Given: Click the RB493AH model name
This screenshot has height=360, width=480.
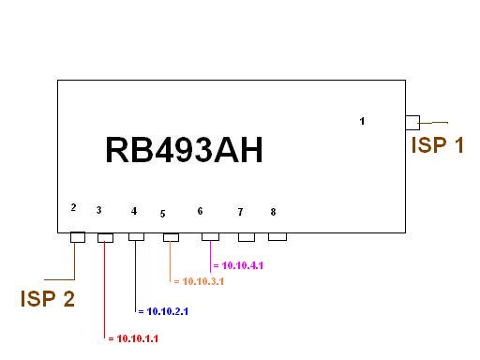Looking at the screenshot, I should click(183, 151).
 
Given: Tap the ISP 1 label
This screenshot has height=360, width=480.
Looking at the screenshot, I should click(437, 144).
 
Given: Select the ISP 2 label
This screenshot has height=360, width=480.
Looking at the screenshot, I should click(47, 299).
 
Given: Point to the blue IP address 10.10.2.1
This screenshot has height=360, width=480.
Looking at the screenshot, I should click(165, 310).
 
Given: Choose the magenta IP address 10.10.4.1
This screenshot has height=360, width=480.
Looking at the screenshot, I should click(238, 267).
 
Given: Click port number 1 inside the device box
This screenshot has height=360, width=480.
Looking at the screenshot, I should click(363, 121).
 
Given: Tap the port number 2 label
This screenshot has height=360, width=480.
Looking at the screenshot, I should click(73, 207).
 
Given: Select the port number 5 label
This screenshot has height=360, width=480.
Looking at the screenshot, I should click(162, 214).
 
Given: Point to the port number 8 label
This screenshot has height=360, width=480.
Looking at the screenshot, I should click(273, 212).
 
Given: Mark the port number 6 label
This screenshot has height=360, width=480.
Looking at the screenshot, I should click(200, 211).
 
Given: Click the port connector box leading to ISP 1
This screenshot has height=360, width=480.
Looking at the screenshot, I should click(412, 121).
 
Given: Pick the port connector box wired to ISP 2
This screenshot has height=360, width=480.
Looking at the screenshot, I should click(78, 238).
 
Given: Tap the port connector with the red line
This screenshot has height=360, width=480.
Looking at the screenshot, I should click(105, 238).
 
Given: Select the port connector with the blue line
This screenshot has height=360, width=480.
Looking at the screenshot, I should click(137, 237).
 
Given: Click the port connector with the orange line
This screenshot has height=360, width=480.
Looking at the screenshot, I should click(171, 238).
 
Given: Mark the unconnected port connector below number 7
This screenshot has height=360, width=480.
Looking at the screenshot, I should click(246, 237).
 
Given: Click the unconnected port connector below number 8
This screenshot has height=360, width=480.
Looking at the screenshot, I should click(277, 236).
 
